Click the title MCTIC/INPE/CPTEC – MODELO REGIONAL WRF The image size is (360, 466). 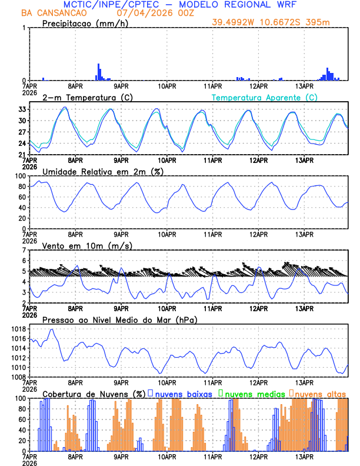click(179, 5)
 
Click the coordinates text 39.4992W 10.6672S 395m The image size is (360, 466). click(279, 22)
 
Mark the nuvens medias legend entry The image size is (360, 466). click(252, 394)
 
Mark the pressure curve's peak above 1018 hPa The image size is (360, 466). click(52, 329)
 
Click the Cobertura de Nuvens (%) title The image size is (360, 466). click(94, 394)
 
